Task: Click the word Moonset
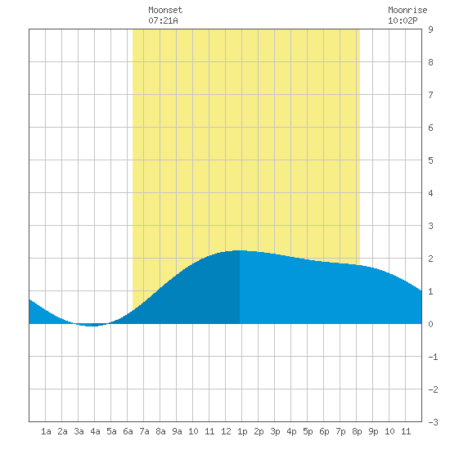click(x=165, y=10)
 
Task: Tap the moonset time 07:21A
click(x=163, y=20)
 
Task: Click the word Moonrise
click(x=407, y=10)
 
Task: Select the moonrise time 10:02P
click(x=403, y=20)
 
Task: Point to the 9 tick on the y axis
click(x=430, y=29)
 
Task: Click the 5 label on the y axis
click(x=430, y=160)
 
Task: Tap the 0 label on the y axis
click(x=430, y=324)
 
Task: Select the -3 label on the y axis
click(x=433, y=422)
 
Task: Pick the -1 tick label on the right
click(x=433, y=357)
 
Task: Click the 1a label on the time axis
click(x=46, y=431)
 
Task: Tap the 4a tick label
click(x=95, y=431)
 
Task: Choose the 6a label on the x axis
click(x=128, y=431)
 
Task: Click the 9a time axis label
click(x=177, y=431)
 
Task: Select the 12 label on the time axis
click(x=226, y=431)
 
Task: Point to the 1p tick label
click(x=242, y=431)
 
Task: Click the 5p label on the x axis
click(x=308, y=431)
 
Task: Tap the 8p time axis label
click(x=357, y=431)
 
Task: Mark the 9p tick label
click(x=373, y=431)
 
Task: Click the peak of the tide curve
click(x=240, y=250)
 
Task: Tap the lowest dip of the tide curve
click(x=92, y=326)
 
